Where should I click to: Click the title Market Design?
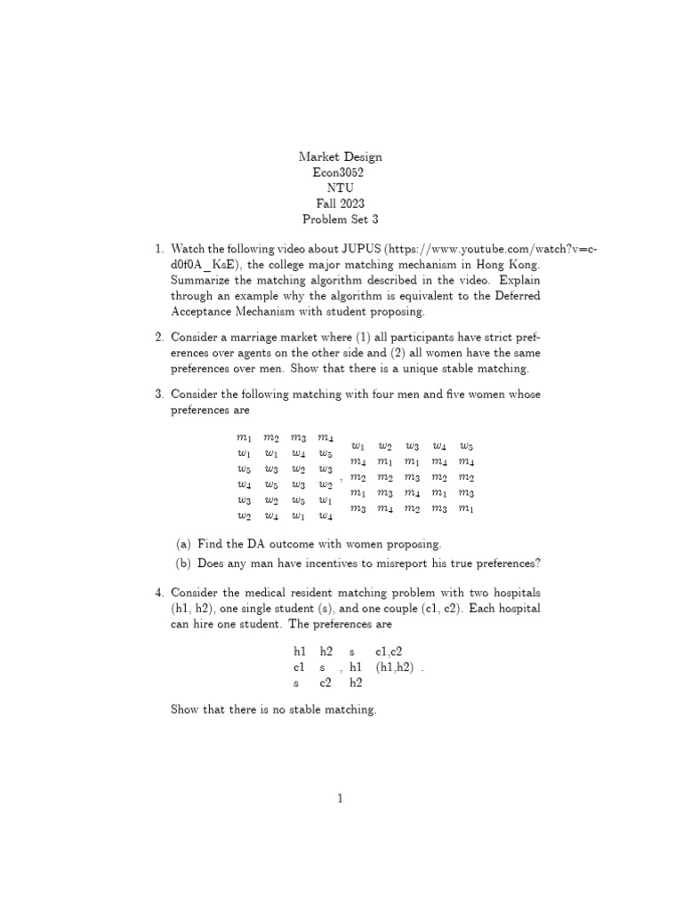(x=341, y=156)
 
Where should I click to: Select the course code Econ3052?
(x=341, y=172)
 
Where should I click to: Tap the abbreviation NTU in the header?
(x=341, y=188)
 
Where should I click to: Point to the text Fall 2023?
(x=341, y=204)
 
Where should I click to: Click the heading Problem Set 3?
(x=341, y=220)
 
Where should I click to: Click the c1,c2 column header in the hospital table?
(x=390, y=651)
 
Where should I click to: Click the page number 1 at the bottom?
(x=341, y=799)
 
